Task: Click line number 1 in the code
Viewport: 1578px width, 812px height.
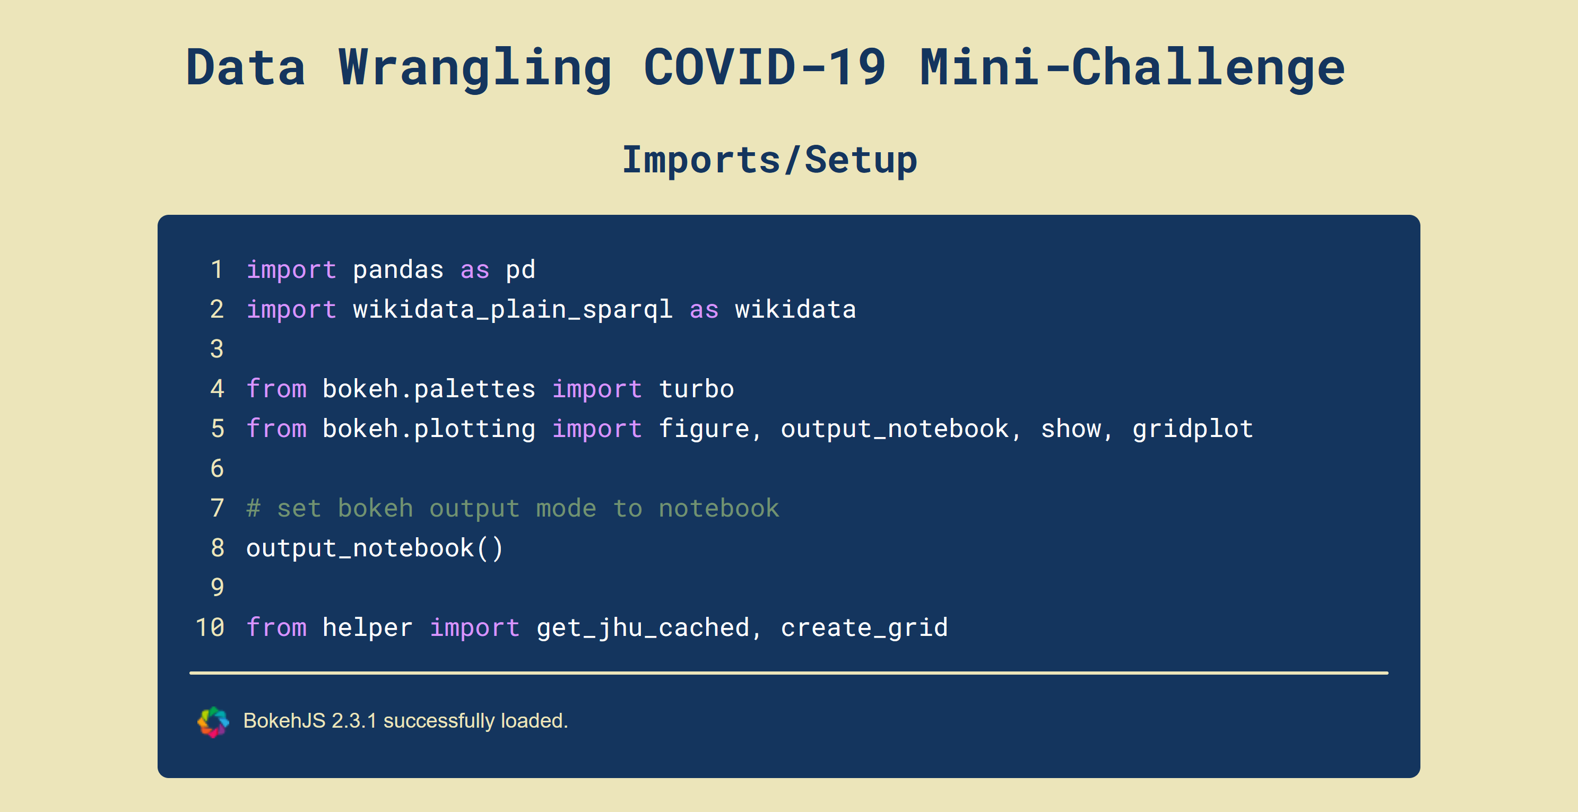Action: pyautogui.click(x=217, y=269)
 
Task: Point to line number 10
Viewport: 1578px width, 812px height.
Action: pyautogui.click(x=210, y=627)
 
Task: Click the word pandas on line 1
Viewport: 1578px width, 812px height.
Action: pyautogui.click(x=398, y=269)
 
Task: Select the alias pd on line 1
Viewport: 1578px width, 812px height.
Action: pyautogui.click(x=521, y=269)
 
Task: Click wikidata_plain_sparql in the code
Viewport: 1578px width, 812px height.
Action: pyautogui.click(x=513, y=309)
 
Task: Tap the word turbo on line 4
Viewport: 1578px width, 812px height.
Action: pyautogui.click(x=697, y=389)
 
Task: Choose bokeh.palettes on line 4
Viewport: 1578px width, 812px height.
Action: pyautogui.click(x=429, y=389)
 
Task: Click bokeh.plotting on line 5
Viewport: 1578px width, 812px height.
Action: pyautogui.click(x=429, y=429)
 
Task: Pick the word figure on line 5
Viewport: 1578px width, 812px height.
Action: pyautogui.click(x=705, y=429)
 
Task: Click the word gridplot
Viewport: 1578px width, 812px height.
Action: pyautogui.click(x=1193, y=429)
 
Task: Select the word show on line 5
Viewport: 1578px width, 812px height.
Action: pyautogui.click(x=1071, y=429)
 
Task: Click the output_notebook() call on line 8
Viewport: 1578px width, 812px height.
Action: pyautogui.click(x=374, y=548)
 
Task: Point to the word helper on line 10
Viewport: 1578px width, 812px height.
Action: pyautogui.click(x=368, y=627)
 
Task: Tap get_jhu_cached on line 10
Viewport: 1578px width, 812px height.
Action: pyautogui.click(x=643, y=627)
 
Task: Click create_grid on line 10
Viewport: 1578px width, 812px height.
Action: pyautogui.click(x=864, y=627)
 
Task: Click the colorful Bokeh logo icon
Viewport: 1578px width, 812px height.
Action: pyautogui.click(x=213, y=721)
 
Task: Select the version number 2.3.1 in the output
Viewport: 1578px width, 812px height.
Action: pyautogui.click(x=353, y=721)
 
